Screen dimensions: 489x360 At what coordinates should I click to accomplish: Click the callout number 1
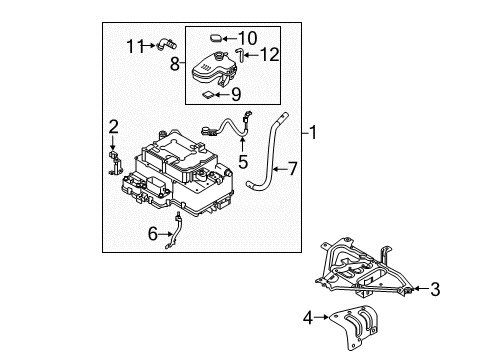(312, 133)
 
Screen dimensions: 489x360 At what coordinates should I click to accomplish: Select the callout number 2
(113, 127)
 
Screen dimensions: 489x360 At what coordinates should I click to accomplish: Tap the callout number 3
(435, 289)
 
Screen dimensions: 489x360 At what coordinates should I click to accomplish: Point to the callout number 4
(308, 318)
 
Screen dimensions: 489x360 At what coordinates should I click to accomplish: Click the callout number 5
(243, 162)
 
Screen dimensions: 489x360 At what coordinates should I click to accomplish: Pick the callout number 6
(153, 234)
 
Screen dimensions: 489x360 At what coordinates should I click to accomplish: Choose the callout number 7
(292, 169)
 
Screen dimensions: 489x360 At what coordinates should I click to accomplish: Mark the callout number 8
(175, 64)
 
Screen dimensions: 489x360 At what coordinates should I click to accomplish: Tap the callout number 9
(236, 95)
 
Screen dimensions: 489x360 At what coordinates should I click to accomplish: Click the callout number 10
(247, 38)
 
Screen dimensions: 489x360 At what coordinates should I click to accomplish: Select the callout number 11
(135, 46)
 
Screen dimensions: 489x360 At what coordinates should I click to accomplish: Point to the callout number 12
(269, 55)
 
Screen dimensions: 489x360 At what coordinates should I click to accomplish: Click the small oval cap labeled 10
(216, 38)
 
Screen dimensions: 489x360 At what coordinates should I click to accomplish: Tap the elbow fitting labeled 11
(166, 44)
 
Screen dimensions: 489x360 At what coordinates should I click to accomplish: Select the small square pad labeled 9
(209, 95)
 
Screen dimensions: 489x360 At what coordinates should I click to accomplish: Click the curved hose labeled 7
(270, 153)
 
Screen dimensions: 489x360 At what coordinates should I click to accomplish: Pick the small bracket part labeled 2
(115, 163)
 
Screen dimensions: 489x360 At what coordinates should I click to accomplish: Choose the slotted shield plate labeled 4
(354, 327)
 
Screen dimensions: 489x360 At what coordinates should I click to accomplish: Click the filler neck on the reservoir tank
(219, 56)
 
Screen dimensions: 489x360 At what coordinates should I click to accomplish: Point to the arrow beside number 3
(421, 289)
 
